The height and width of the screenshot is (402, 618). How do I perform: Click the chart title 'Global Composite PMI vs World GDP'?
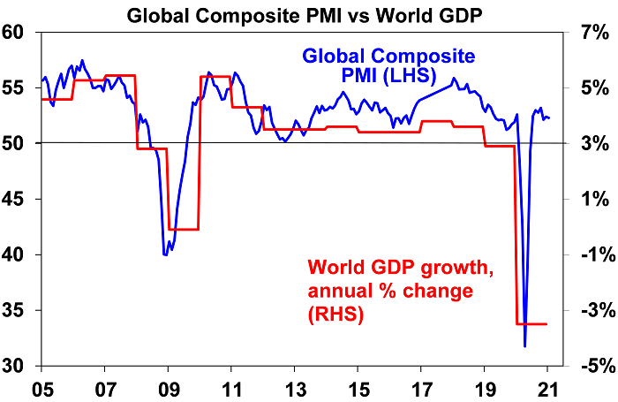[309, 13]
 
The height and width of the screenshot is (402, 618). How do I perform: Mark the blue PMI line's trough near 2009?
[165, 254]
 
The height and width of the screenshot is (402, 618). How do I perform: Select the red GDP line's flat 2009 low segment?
[183, 230]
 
